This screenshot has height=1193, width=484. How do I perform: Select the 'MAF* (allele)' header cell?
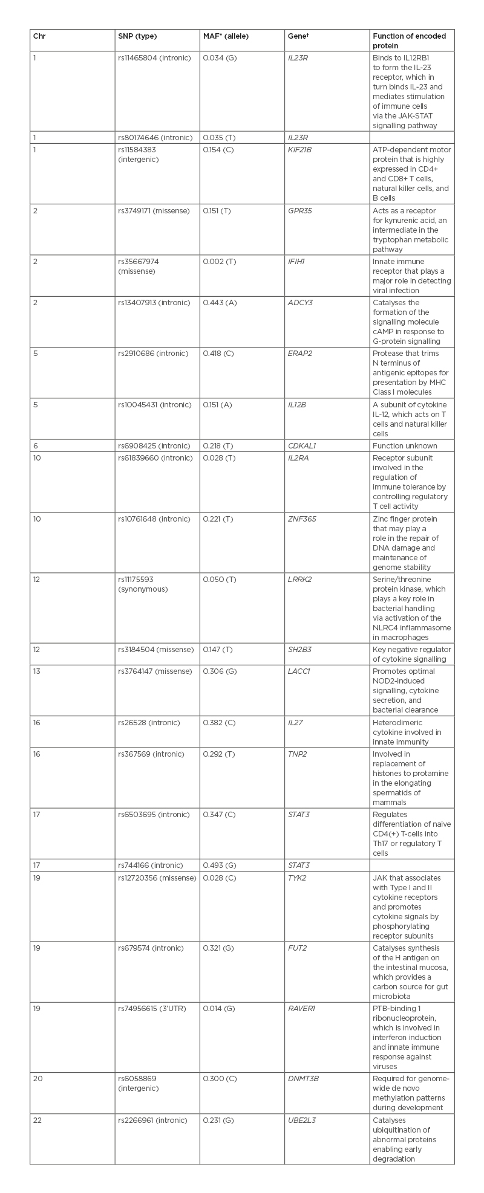[226, 36]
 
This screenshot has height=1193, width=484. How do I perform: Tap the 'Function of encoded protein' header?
[409, 41]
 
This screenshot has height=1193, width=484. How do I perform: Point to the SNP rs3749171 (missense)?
[154, 211]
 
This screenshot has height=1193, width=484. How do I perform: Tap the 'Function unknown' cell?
[405, 445]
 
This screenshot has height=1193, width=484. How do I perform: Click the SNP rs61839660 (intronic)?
[153, 458]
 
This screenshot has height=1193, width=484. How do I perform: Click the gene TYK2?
[296, 878]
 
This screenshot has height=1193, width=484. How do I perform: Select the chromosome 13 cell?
[37, 671]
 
